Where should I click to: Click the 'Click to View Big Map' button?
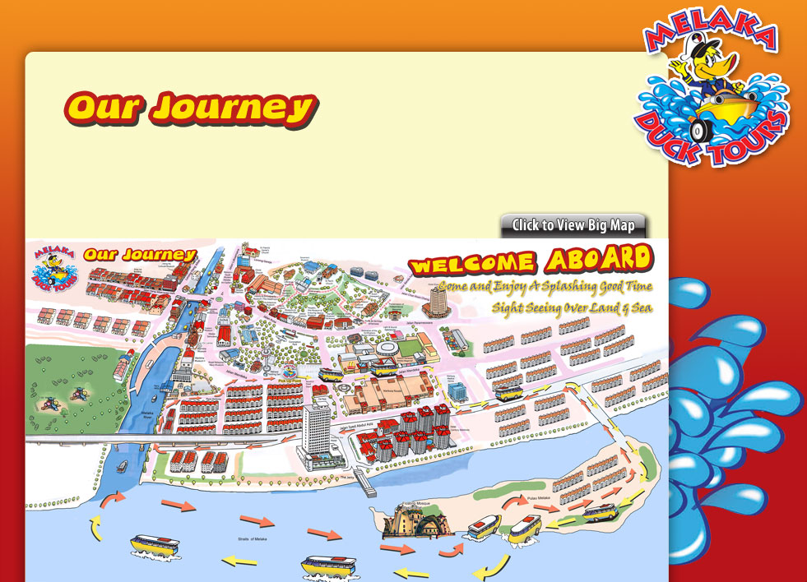(573, 225)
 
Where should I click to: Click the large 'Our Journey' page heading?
(190, 108)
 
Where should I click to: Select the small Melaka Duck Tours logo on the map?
(52, 267)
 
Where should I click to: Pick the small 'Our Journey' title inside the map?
(139, 255)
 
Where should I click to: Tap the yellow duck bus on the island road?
(600, 513)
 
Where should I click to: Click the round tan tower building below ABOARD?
(436, 301)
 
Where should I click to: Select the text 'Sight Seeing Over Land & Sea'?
(571, 308)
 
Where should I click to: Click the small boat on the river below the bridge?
(123, 466)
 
